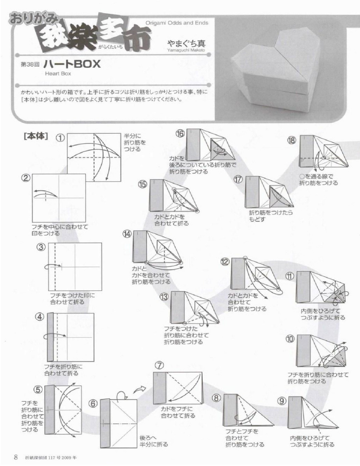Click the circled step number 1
click(60, 138)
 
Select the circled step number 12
click(225, 262)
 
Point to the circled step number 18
click(292, 141)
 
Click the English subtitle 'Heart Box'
click(58, 74)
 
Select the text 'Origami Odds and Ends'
click(177, 23)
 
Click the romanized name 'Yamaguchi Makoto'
click(186, 50)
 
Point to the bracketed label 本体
click(36, 137)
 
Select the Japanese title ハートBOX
click(72, 64)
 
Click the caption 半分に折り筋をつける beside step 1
click(135, 142)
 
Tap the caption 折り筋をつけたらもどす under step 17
click(270, 216)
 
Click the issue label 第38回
click(30, 64)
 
